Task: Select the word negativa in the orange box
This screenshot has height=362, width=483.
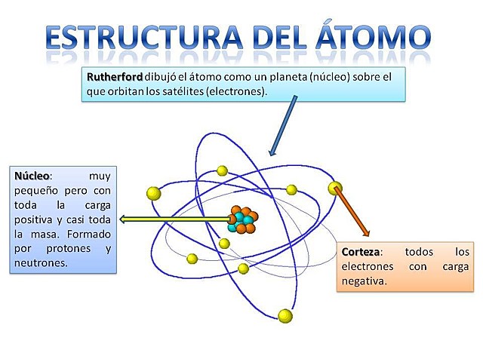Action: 364,281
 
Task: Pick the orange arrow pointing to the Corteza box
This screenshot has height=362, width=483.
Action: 352,210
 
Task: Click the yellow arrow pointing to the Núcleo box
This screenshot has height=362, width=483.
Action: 174,219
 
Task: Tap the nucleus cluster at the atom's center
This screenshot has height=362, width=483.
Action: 242,219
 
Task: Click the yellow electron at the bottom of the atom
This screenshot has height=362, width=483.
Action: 285,315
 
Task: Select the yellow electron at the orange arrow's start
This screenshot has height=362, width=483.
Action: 335,187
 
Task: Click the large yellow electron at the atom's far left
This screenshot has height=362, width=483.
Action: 154,193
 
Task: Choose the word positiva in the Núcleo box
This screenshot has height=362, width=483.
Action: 35,219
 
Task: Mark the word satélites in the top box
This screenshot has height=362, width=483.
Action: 171,90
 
